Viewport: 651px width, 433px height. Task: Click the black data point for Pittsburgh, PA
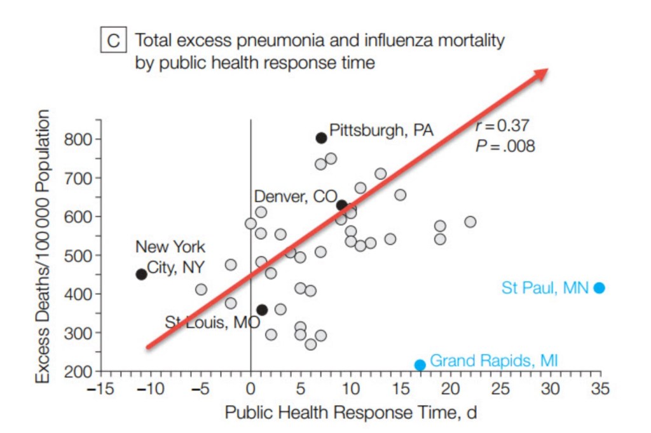click(322, 137)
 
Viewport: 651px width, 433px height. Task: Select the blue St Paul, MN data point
click(599, 288)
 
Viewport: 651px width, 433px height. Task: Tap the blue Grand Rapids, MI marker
click(420, 365)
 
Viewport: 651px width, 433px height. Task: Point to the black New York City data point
click(142, 274)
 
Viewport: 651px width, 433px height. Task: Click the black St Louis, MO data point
click(262, 310)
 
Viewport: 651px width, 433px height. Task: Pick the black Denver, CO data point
click(342, 205)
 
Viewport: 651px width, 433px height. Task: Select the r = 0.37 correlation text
click(502, 126)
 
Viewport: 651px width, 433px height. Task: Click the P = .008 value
click(505, 146)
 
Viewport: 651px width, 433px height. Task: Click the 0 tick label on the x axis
click(250, 388)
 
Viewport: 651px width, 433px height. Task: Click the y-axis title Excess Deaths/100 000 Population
click(43, 247)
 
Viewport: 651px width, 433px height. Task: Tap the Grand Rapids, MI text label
click(494, 361)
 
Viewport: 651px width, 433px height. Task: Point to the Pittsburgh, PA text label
click(381, 130)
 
